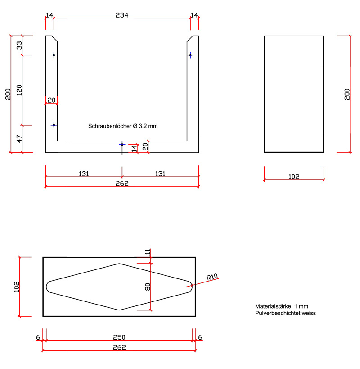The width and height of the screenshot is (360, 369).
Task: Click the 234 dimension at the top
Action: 122,15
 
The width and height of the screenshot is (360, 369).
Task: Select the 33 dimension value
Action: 19,45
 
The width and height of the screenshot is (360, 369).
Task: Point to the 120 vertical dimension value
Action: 19,90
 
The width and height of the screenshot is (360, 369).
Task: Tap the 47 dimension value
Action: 19,139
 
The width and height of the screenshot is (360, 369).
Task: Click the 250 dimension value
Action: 119,337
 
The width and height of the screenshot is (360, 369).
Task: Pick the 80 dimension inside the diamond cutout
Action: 148,287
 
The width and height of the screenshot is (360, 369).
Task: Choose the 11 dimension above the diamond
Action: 148,252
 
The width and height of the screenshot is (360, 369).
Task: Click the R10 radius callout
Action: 212,277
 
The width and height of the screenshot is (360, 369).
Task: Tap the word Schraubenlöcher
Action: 109,126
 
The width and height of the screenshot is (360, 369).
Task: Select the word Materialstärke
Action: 273,306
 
